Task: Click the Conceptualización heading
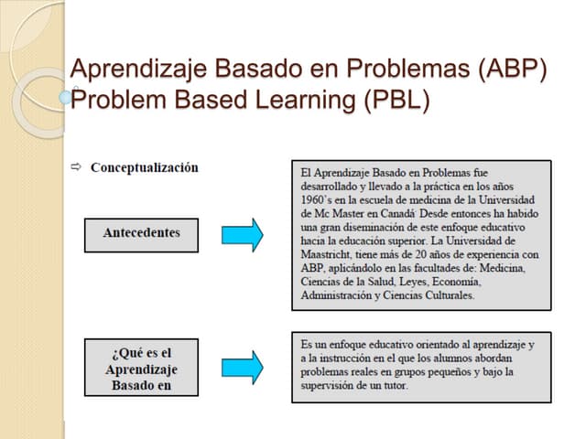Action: pos(144,167)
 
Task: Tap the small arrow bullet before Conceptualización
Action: pos(76,167)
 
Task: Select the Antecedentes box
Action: pos(141,234)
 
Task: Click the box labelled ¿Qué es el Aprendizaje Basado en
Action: pos(141,368)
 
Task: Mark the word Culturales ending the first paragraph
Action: pos(446,296)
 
